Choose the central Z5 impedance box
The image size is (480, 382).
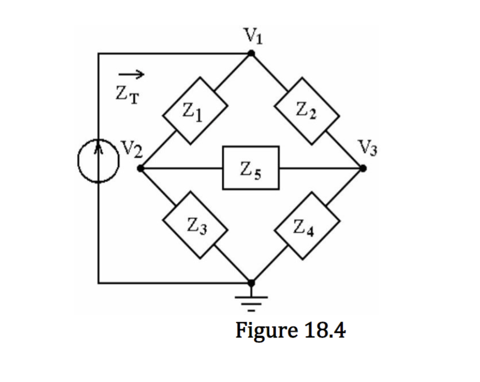coord(251,168)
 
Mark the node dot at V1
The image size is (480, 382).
coord(251,53)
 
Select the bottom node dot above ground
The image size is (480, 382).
coord(252,283)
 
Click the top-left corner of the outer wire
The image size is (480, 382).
coord(99,54)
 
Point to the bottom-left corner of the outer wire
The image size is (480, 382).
coord(99,283)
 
